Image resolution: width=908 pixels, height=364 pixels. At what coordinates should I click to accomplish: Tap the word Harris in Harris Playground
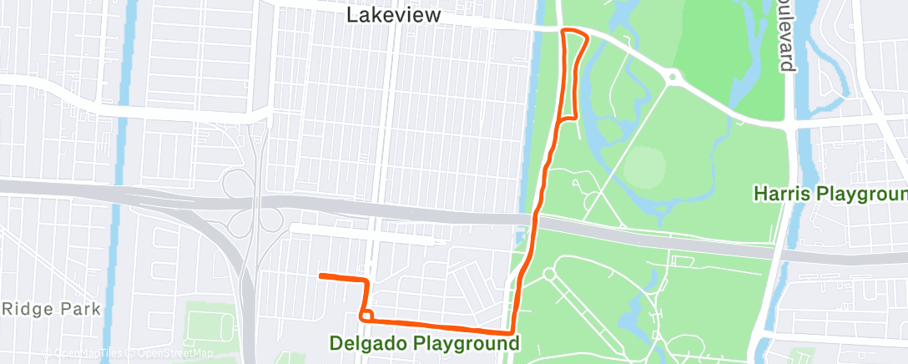point(783,194)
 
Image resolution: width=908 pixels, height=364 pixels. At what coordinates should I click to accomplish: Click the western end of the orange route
point(321,275)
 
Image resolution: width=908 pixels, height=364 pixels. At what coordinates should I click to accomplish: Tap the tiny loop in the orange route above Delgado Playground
point(366,316)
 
